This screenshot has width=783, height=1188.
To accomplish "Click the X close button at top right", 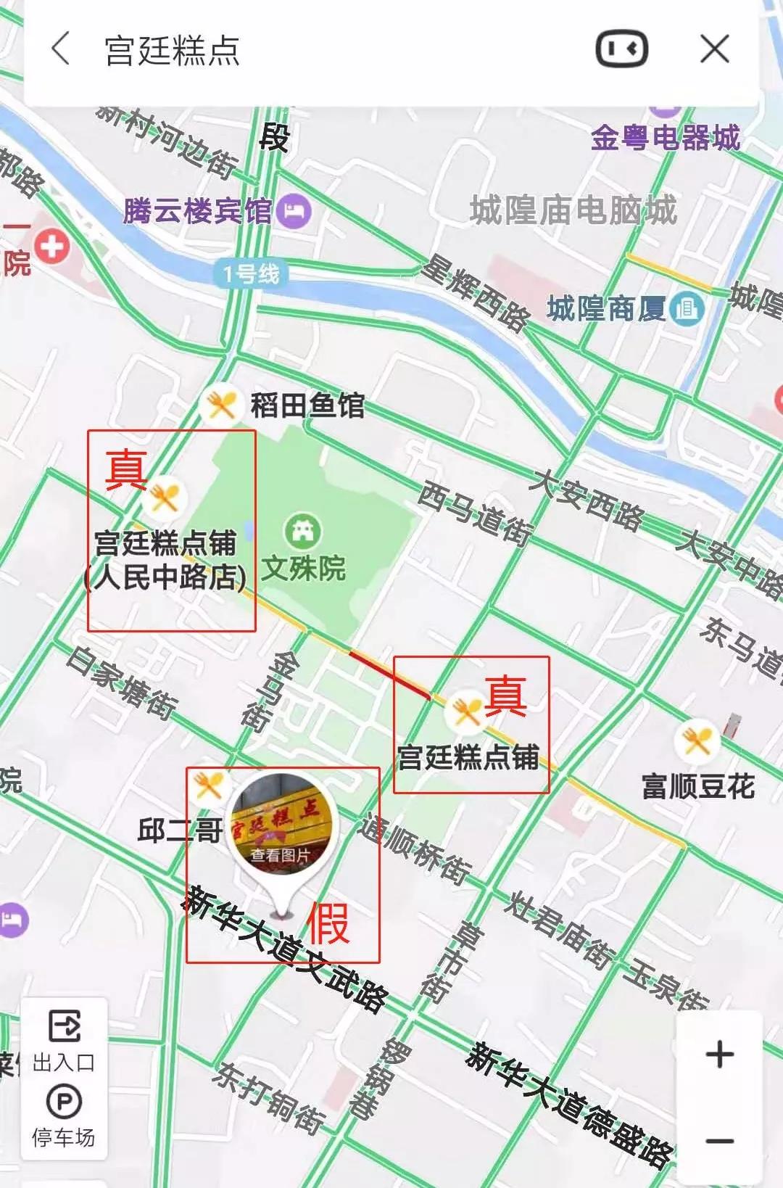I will tap(714, 49).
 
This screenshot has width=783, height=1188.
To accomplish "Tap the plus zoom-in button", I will tap(719, 1054).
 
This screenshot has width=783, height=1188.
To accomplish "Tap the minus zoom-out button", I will tap(719, 1141).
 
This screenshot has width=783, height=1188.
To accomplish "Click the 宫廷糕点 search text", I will tap(173, 51).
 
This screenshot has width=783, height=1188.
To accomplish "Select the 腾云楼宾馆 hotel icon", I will tap(294, 211).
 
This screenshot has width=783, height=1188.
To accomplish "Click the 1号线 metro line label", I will tap(251, 274).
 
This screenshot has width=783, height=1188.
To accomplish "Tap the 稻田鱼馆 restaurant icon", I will tap(220, 404).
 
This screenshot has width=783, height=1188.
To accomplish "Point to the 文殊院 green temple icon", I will tap(303, 531).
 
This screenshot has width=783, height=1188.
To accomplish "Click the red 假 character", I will tap(328, 924).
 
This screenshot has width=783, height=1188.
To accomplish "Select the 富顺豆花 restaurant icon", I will tap(697, 741).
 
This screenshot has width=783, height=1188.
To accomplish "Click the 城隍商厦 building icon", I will tap(686, 309).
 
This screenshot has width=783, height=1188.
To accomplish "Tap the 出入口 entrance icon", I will tap(65, 1027).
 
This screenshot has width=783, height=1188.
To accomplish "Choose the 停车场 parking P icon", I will tap(64, 1102).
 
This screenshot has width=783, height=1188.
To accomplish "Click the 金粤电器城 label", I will tap(665, 138).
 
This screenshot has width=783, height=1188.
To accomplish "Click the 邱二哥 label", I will tap(179, 830).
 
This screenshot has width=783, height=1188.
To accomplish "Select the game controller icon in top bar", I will tap(621, 49).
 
